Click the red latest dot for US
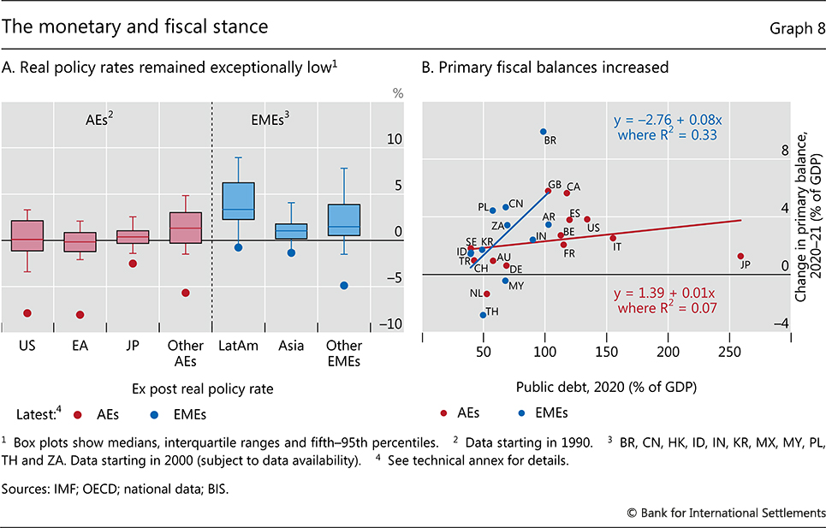[27, 313]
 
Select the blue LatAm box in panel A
[239, 201]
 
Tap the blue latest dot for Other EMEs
[344, 285]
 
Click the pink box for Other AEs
[185, 228]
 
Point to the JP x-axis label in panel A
[133, 347]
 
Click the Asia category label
[291, 347]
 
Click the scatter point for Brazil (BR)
[544, 132]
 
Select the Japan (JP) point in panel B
[740, 256]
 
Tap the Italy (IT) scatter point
[613, 238]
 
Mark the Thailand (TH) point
[483, 315]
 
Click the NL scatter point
[486, 294]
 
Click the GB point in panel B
[548, 191]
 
